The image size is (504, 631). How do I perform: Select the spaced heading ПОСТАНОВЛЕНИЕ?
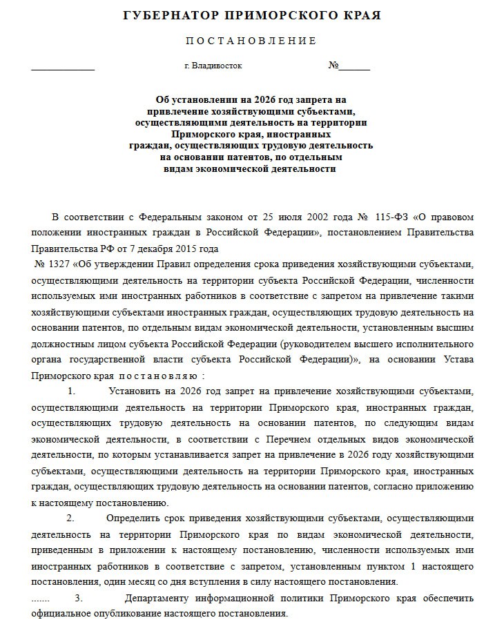[x=251, y=41]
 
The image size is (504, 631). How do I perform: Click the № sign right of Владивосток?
[x=333, y=66]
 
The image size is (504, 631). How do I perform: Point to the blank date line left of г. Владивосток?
[x=63, y=68]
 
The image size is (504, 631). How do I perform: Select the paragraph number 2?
[x=69, y=518]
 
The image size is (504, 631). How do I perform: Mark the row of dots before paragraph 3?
[x=41, y=598]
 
